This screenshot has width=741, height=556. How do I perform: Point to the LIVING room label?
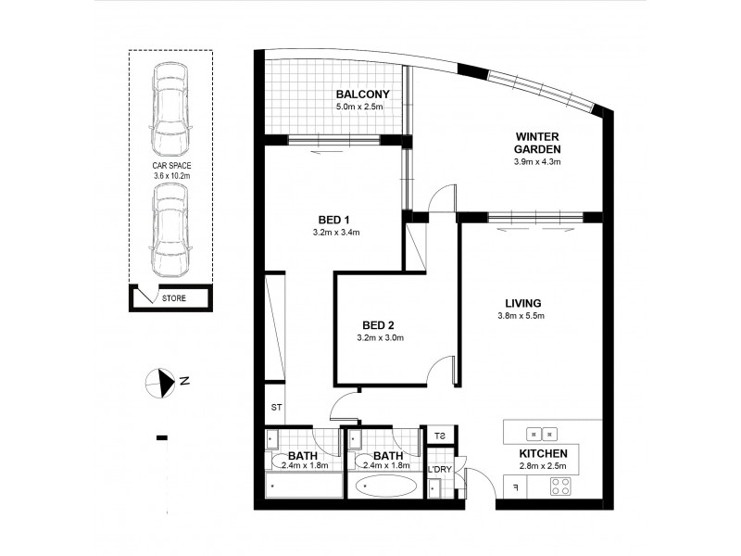[x=523, y=303]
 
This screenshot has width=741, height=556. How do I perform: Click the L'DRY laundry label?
[x=439, y=469]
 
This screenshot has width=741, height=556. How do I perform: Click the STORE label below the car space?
[x=173, y=298]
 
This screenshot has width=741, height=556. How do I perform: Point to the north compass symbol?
[x=162, y=380]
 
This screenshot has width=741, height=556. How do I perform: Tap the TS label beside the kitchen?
[x=439, y=436]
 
